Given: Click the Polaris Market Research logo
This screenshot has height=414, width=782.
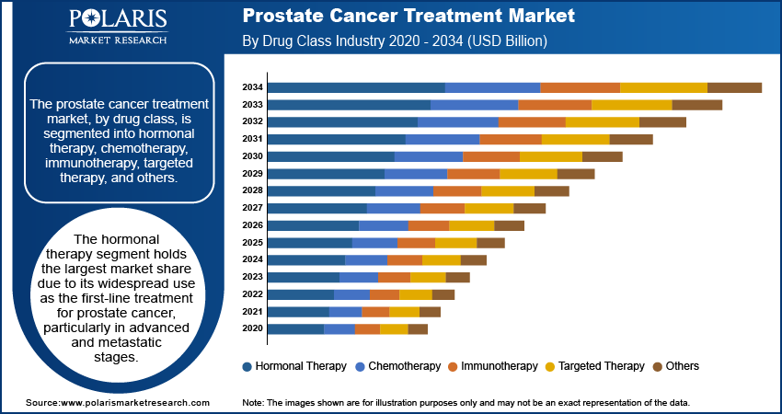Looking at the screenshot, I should pyautogui.click(x=117, y=28).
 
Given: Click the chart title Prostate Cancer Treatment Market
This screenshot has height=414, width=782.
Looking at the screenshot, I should pyautogui.click(x=408, y=17).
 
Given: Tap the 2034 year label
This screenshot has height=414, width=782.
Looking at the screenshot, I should pyautogui.click(x=252, y=87).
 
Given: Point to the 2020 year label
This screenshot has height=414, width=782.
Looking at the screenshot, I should pyautogui.click(x=252, y=328).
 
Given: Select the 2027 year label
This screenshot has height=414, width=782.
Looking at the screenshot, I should pyautogui.click(x=252, y=208).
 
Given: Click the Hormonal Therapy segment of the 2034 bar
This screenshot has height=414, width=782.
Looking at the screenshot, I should pyautogui.click(x=356, y=87).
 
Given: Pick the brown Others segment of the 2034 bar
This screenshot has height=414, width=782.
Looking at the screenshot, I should pyautogui.click(x=734, y=87).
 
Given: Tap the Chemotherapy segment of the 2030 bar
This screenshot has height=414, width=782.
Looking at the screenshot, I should pyautogui.click(x=429, y=156).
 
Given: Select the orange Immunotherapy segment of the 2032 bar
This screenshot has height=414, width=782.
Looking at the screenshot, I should pyautogui.click(x=532, y=121).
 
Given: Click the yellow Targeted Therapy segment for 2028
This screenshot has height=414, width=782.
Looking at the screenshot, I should pyautogui.click(x=508, y=190).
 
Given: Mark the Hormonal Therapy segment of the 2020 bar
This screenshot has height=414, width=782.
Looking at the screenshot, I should pyautogui.click(x=295, y=328).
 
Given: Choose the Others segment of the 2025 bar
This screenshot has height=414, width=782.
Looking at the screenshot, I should pyautogui.click(x=490, y=243).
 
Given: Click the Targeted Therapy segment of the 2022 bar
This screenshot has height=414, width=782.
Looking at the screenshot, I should pyautogui.click(x=416, y=294).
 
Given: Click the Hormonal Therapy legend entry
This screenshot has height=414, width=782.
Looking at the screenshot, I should pyautogui.click(x=294, y=366).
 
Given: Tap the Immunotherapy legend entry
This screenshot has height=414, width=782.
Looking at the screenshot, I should pyautogui.click(x=493, y=366).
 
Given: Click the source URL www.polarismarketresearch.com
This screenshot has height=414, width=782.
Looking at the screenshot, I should pyautogui.click(x=117, y=403).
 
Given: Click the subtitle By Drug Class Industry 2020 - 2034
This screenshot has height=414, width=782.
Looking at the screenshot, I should pyautogui.click(x=395, y=41).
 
